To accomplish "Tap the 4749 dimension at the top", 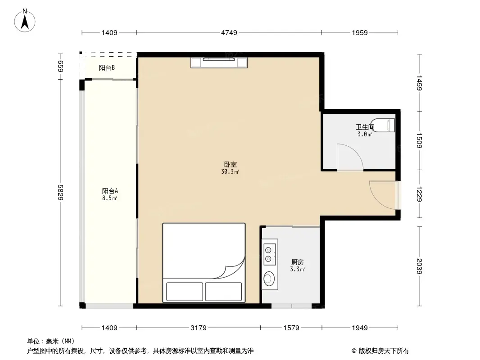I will click(229, 32).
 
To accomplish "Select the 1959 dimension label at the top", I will click(360, 32).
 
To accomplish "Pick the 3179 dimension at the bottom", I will click(199, 328).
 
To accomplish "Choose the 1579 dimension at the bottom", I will click(291, 328).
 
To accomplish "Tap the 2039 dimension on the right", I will click(420, 265).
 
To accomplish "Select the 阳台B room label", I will click(107, 68).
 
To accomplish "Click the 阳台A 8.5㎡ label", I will click(110, 194).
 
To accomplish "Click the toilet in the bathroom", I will click(385, 124).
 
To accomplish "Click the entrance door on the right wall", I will click(383, 194).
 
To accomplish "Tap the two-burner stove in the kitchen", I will click(270, 252).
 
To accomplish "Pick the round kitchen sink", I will click(269, 279).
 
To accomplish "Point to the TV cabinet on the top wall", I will click(219, 63).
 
